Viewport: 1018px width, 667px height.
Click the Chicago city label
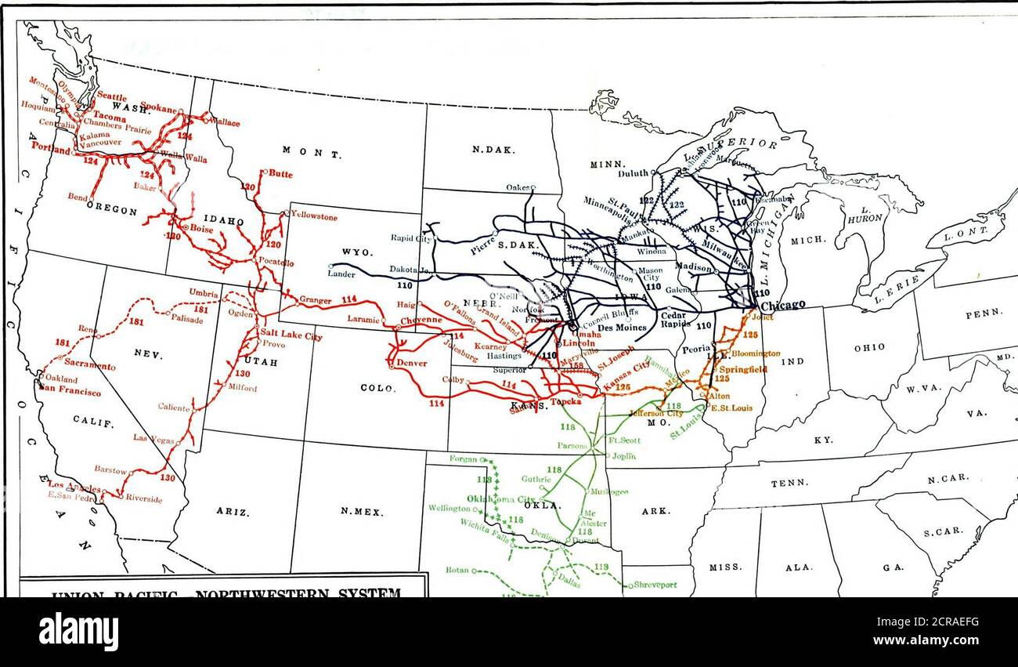[783, 305]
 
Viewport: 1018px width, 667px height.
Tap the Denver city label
[411, 363]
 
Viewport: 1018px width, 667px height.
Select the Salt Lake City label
[291, 336]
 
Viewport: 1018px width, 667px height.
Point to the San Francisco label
[70, 391]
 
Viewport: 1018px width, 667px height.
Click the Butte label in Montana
[281, 174]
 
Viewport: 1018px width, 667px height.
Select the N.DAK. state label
[487, 149]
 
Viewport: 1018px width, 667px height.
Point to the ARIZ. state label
[233, 512]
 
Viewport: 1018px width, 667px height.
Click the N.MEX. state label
[362, 512]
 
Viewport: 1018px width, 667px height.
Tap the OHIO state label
[869, 347]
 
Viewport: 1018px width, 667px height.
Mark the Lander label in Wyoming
[341, 274]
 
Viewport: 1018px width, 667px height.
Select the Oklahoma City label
[500, 499]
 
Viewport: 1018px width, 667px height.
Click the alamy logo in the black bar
[78, 631]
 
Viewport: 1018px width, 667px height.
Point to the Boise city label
[201, 228]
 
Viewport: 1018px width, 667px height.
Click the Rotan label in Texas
[458, 570]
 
